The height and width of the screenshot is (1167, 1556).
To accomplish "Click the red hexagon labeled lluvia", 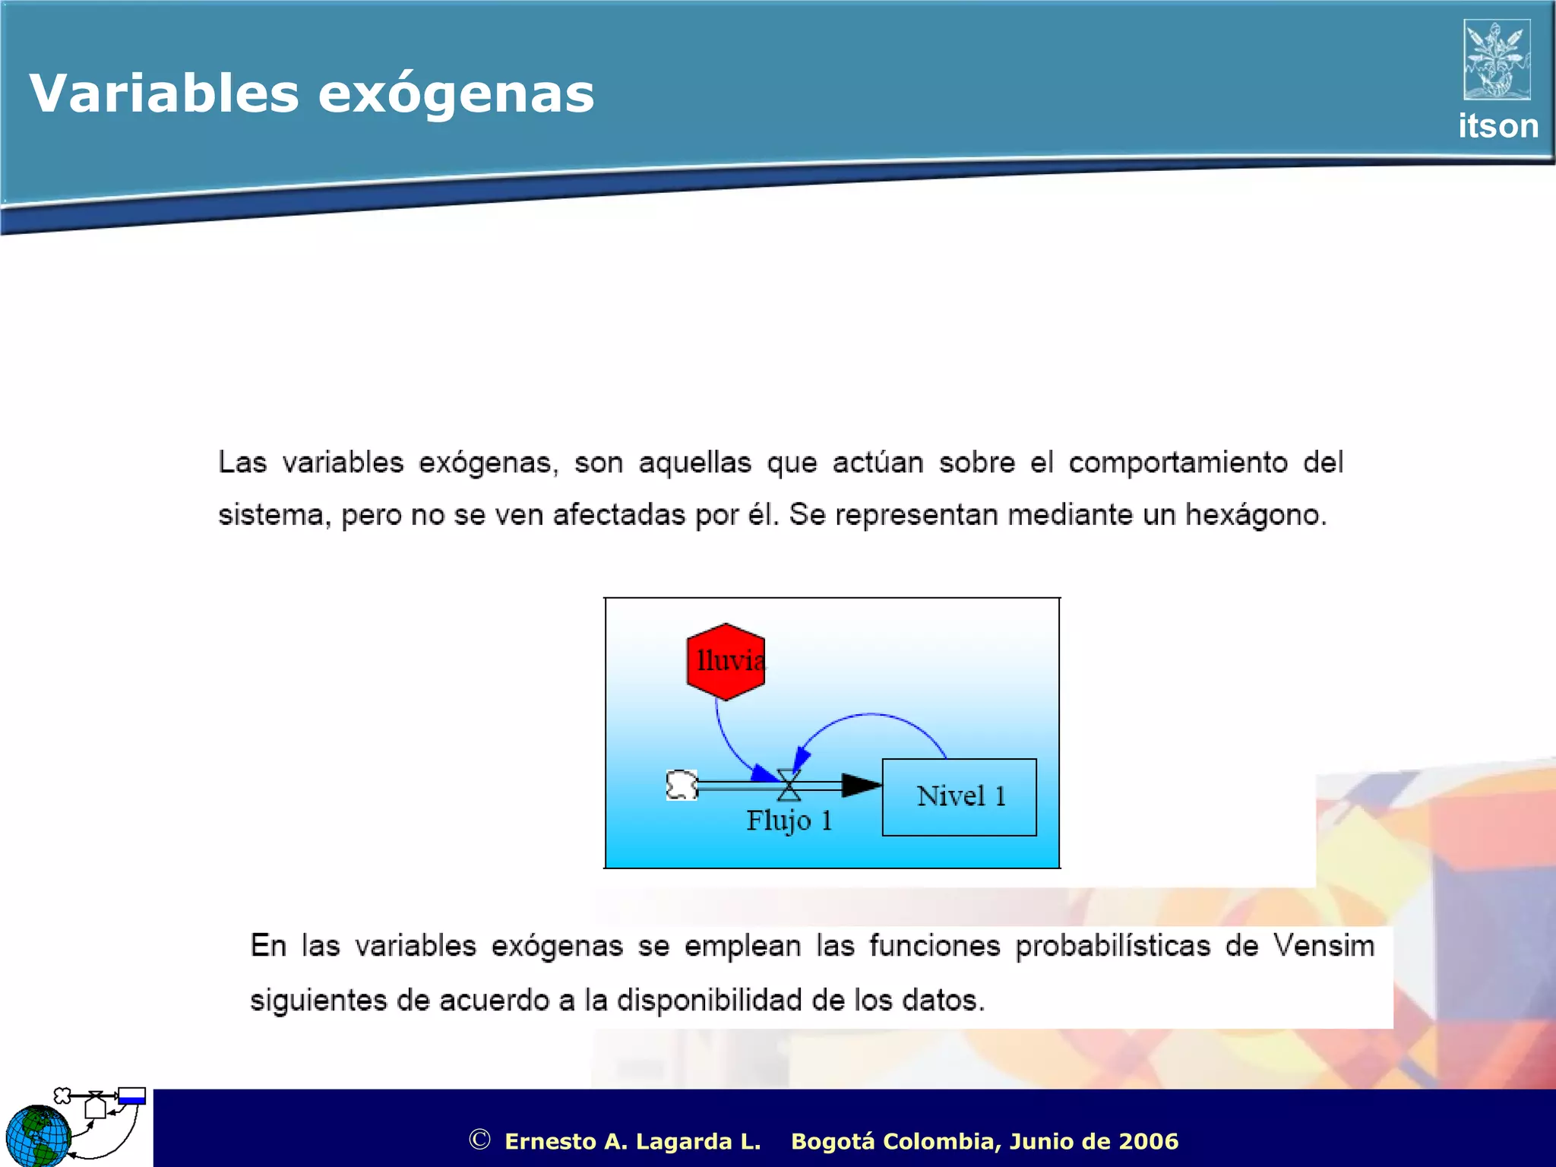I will coord(725,661).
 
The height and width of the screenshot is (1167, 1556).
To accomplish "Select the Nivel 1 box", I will coord(959,797).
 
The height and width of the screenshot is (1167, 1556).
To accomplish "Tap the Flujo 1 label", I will coord(789,821).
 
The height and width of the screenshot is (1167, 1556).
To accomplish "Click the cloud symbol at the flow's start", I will coord(682,785).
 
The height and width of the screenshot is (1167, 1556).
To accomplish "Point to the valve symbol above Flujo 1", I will coord(789,786).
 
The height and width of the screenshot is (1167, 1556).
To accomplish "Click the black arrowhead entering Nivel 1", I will coord(861,786).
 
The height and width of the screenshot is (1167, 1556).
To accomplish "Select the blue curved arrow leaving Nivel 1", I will coord(874,716).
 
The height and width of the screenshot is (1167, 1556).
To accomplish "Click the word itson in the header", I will coord(1497,126).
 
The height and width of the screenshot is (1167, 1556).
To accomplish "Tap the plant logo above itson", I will coord(1496,59).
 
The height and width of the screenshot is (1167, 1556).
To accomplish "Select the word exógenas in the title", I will coord(456,95).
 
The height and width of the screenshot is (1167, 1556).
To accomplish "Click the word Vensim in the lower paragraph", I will coord(1324,946).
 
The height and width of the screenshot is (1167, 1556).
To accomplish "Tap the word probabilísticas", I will coord(1112,946).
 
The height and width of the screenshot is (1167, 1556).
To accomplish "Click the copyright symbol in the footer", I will coord(479,1140).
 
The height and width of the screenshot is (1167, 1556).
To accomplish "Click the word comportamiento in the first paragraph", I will coord(1178,463).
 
